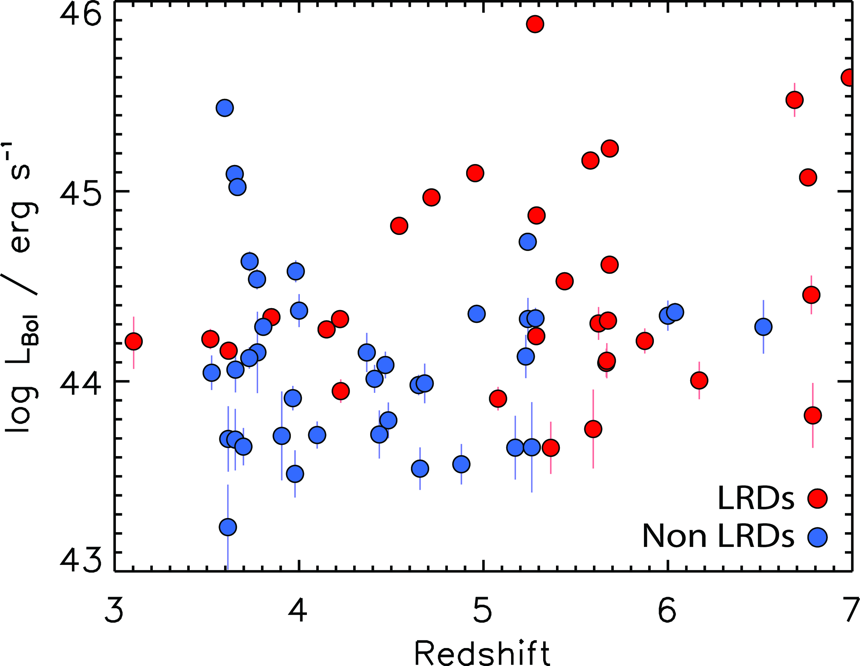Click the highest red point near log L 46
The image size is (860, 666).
(535, 24)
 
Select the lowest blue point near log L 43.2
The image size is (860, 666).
(228, 527)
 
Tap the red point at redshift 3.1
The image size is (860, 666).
(134, 341)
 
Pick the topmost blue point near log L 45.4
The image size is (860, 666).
(225, 108)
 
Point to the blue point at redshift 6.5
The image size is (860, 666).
(763, 326)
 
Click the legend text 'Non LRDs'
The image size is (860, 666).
(718, 536)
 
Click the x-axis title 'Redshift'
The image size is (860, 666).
(482, 653)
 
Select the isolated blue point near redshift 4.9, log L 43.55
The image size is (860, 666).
(461, 464)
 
